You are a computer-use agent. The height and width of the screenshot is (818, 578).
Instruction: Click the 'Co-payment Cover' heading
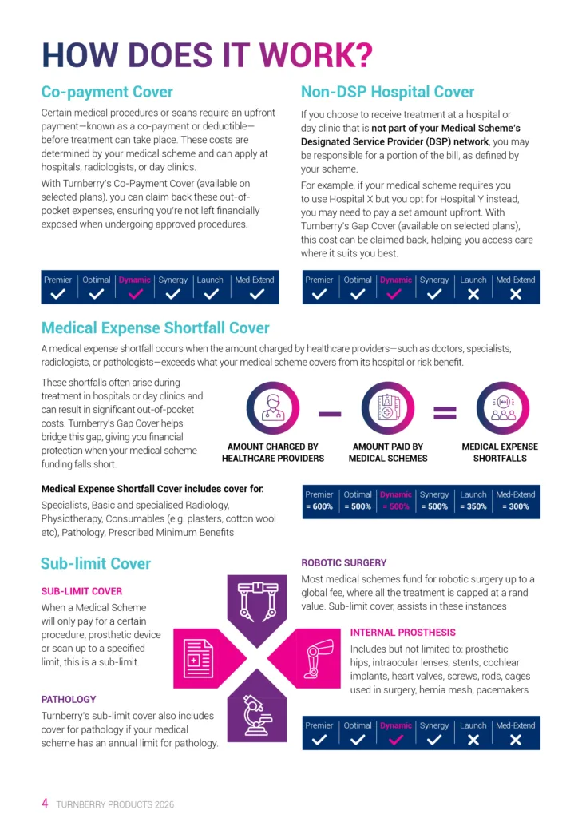pos(107,92)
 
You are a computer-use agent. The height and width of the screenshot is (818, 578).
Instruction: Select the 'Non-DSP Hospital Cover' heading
pos(387,92)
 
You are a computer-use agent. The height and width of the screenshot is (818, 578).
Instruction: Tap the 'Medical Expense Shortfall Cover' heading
pos(155,328)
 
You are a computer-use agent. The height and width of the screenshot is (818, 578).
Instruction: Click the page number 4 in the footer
pos(46,803)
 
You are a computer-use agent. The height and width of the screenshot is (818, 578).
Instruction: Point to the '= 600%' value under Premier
pos(319,507)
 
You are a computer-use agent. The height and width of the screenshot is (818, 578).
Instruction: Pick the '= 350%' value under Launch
pos(473,507)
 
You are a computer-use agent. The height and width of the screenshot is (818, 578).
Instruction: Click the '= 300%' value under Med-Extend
pos(515,507)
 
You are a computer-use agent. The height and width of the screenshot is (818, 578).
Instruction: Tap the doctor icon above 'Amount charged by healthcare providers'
pos(273,408)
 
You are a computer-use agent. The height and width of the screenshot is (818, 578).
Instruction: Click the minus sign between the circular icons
pos(330,413)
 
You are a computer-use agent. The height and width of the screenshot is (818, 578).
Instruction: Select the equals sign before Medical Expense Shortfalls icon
pos(445,413)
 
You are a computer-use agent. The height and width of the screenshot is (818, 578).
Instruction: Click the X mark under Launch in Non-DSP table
pos(473,294)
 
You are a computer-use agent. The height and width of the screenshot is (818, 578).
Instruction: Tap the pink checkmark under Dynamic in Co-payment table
pos(135,294)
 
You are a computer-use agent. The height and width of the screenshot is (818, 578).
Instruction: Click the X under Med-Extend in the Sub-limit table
pos(515,740)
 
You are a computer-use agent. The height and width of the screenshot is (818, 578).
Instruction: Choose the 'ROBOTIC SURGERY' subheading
pos(343,563)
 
